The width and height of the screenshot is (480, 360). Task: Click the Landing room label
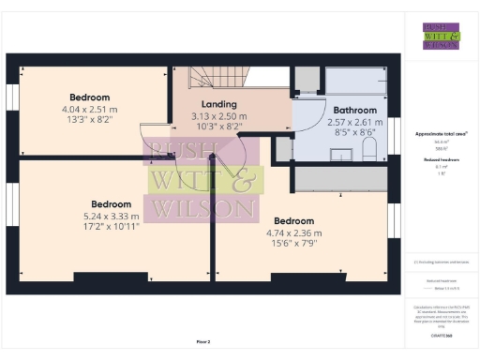click(x=218, y=104)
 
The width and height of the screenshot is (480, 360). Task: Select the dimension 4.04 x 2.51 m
click(x=89, y=108)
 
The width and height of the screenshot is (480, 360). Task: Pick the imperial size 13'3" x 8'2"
click(x=89, y=118)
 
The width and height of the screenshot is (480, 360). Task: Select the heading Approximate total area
click(x=441, y=134)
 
